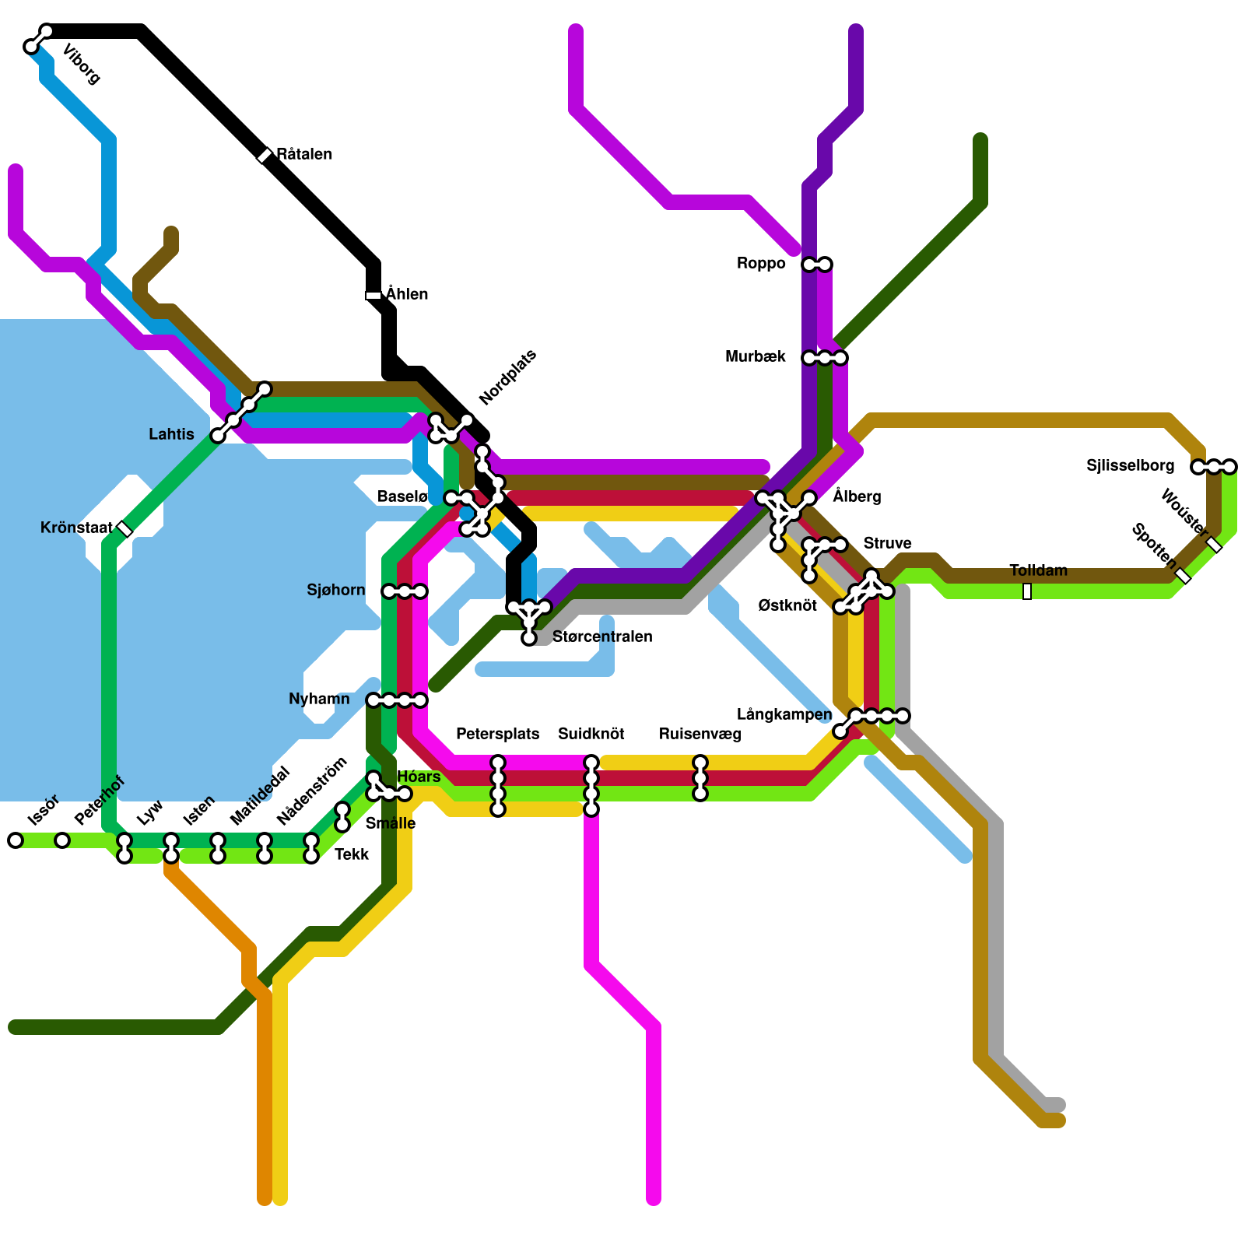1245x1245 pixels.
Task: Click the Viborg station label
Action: click(81, 65)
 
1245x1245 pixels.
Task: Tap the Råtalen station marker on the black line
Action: click(265, 156)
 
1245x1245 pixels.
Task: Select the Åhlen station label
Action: click(407, 294)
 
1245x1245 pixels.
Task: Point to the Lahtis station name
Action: click(171, 434)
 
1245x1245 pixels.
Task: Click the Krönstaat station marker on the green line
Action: click(124, 529)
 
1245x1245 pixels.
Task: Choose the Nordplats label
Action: click(507, 378)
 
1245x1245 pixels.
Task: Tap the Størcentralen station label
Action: click(602, 637)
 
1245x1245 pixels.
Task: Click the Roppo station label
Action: click(761, 264)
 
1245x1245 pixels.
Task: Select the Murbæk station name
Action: click(755, 357)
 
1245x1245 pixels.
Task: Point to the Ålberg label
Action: click(857, 496)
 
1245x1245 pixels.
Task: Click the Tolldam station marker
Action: click(1027, 591)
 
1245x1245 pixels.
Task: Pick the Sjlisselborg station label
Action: click(1130, 466)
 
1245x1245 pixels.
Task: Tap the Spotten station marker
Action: click(1183, 576)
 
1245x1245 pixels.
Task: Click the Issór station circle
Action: click(16, 840)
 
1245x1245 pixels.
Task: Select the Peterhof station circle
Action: click(62, 840)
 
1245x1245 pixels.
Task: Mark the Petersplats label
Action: click(497, 734)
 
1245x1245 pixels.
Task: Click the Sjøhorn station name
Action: click(335, 591)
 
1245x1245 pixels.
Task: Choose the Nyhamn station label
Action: click(319, 700)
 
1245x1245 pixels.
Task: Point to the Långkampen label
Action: click(784, 714)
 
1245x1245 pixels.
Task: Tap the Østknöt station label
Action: click(787, 605)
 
